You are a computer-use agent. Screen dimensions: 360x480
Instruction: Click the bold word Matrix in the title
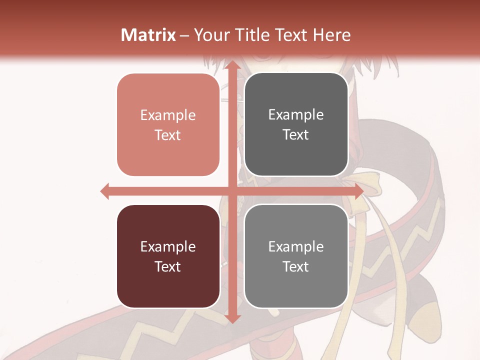[148, 35]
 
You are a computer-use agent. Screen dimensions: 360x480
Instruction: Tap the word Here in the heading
[332, 35]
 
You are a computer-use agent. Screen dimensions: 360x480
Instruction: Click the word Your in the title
[212, 35]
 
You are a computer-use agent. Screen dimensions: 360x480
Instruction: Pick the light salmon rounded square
[168, 125]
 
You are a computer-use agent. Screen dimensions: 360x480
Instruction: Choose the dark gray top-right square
[296, 124]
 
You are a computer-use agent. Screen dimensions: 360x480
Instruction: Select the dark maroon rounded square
[168, 256]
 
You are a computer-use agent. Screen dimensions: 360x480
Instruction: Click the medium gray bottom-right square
[296, 256]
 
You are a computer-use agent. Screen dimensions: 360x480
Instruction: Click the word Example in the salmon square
[168, 115]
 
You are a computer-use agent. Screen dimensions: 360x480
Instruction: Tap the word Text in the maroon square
[168, 266]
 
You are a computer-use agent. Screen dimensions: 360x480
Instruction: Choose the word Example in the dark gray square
[296, 115]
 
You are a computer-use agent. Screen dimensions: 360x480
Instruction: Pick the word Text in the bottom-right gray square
[296, 266]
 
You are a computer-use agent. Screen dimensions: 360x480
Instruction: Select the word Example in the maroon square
[168, 247]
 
